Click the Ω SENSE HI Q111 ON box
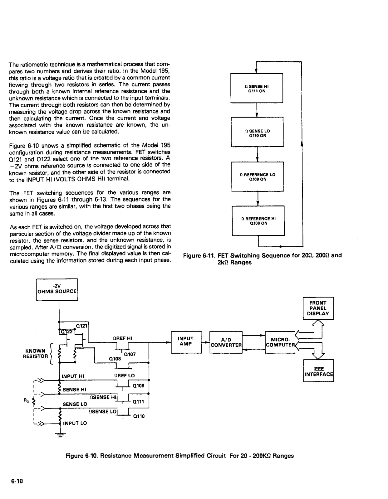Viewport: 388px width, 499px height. click(256, 88)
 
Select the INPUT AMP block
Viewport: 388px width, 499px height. click(186, 342)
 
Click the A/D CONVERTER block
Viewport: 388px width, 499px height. click(226, 342)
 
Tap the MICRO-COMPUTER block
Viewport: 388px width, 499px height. click(280, 342)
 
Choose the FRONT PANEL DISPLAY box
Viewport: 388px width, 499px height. click(318, 308)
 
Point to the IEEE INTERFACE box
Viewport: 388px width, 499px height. click(318, 371)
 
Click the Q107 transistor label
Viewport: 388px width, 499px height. click(130, 354)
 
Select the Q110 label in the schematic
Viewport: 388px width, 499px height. click(139, 416)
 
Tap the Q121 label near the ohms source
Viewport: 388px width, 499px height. click(82, 326)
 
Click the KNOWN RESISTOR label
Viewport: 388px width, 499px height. click(35, 353)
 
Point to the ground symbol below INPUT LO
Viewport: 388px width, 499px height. click(59, 435)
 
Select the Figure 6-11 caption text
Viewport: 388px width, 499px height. click(262, 259)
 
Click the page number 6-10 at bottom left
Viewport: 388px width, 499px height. click(17, 481)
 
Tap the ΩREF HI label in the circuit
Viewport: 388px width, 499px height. click(123, 338)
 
